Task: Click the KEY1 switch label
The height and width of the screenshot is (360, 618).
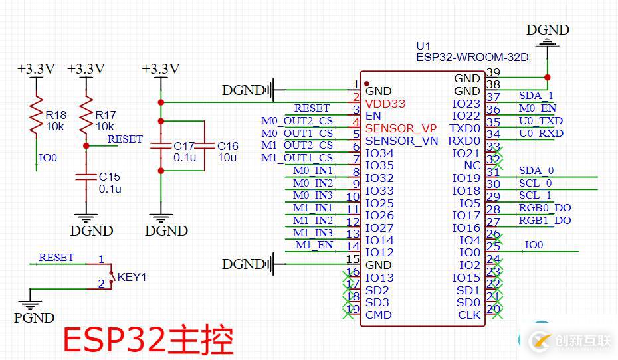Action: (x=132, y=277)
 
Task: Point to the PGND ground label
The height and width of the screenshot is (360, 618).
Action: (x=34, y=318)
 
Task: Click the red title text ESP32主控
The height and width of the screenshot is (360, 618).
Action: (x=148, y=341)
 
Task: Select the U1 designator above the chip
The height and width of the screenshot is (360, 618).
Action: (x=423, y=46)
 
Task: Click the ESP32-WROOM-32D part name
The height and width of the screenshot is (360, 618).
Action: (x=472, y=58)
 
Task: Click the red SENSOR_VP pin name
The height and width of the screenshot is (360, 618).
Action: (x=401, y=128)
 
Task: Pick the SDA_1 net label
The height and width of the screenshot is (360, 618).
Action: (x=536, y=96)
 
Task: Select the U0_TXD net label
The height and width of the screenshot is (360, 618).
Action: (x=540, y=121)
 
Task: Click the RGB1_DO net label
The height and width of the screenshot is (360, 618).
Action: (x=545, y=221)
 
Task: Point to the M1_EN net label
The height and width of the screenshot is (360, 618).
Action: (x=314, y=245)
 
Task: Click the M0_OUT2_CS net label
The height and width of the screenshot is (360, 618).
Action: (x=297, y=121)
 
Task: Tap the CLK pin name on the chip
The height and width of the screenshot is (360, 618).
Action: (x=469, y=315)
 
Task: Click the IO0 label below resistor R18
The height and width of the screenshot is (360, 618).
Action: (x=48, y=158)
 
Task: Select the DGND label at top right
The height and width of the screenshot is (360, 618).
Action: (x=548, y=30)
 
